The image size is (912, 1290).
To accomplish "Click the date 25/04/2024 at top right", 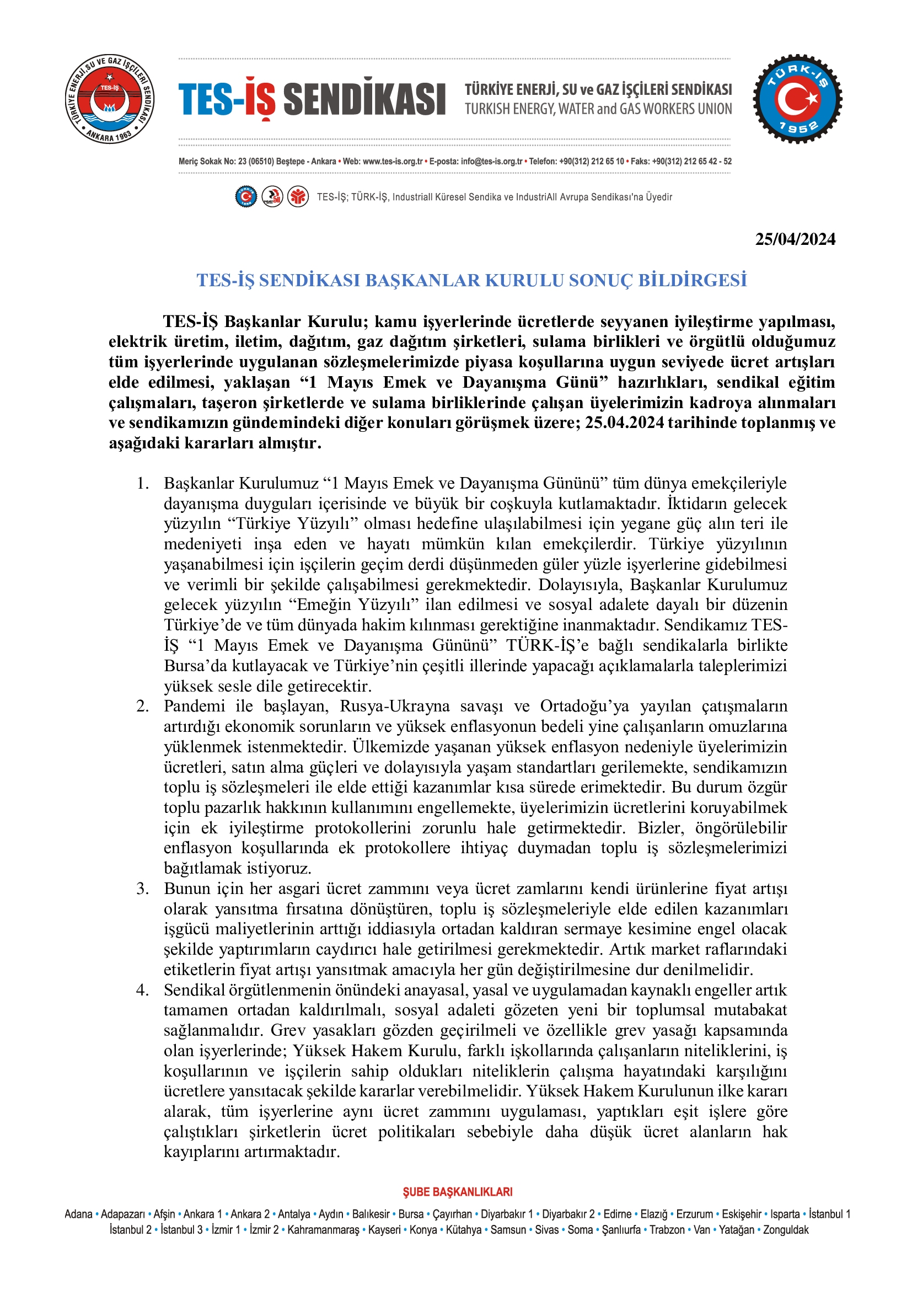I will click(795, 239).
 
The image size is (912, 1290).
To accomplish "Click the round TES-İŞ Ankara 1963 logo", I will click(110, 99).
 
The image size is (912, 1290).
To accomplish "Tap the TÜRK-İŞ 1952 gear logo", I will click(797, 99).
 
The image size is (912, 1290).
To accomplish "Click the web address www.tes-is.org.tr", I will click(393, 162).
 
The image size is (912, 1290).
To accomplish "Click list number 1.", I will click(143, 483).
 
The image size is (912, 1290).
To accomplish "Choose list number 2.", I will click(143, 706).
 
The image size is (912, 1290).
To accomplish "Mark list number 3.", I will click(143, 889).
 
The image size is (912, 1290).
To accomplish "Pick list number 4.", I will click(143, 990).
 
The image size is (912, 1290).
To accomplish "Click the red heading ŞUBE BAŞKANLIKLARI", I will click(457, 1192).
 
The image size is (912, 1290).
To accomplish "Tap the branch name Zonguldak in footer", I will click(786, 1230).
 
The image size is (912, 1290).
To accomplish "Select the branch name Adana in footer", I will click(78, 1214).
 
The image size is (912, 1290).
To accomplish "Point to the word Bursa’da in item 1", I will click(193, 666).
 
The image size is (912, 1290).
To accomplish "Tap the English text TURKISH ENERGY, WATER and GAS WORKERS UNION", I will click(598, 109).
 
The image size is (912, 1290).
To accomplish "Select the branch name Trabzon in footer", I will click(667, 1230).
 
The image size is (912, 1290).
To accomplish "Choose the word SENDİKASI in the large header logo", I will click(364, 99).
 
